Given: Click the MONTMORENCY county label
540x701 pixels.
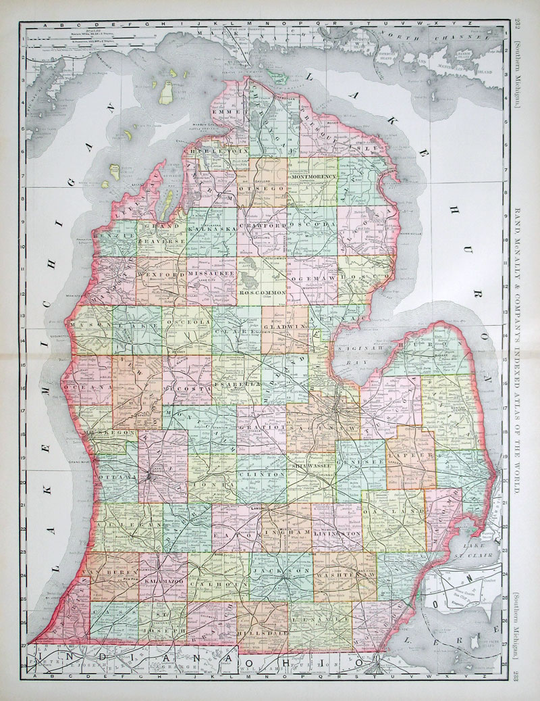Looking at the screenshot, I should pos(313,176).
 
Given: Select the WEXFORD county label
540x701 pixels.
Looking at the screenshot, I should pos(161,275).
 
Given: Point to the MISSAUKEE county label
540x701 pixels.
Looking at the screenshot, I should pos(212,274).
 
